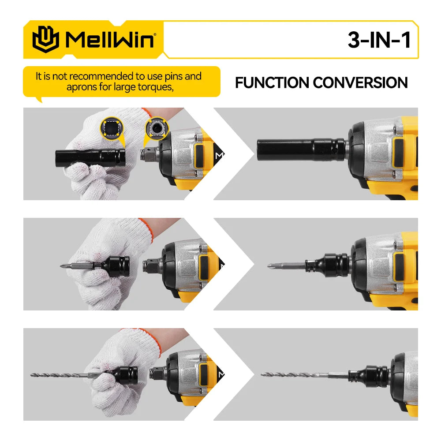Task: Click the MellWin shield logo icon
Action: [45, 39]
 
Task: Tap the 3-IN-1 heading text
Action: [379, 40]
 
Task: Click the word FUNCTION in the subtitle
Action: [272, 82]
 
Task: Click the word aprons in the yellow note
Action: [81, 87]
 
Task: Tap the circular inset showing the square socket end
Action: [110, 129]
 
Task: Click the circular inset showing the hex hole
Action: [157, 129]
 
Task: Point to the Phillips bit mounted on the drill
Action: [287, 266]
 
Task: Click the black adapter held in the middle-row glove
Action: [117, 267]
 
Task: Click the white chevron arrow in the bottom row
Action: [234, 374]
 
